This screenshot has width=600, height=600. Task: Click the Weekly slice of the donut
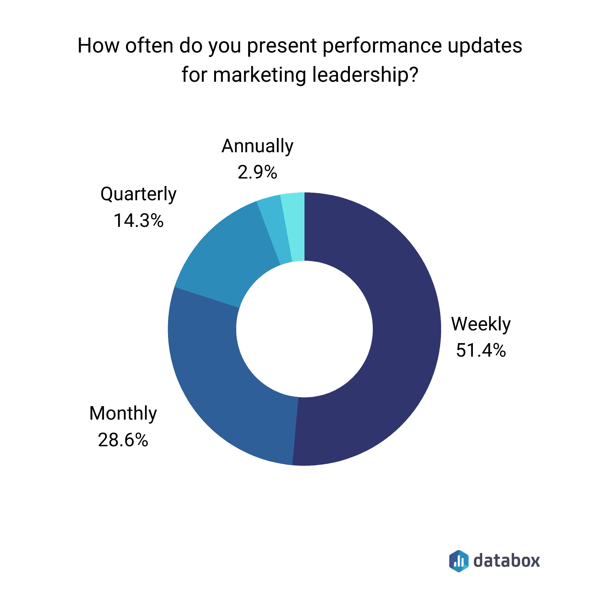405,330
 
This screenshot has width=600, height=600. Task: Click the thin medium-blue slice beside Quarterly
276,231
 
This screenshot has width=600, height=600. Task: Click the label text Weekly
481,324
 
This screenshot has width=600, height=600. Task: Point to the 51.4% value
481,350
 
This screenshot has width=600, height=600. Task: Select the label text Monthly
123,413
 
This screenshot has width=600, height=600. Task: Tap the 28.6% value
123,439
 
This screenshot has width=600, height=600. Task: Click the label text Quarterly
138,194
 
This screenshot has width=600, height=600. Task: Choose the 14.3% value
138,220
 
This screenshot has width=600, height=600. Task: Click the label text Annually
257,146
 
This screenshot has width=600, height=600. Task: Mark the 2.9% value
257,172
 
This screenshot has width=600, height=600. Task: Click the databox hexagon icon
459,561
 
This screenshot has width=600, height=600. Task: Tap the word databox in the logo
506,561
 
